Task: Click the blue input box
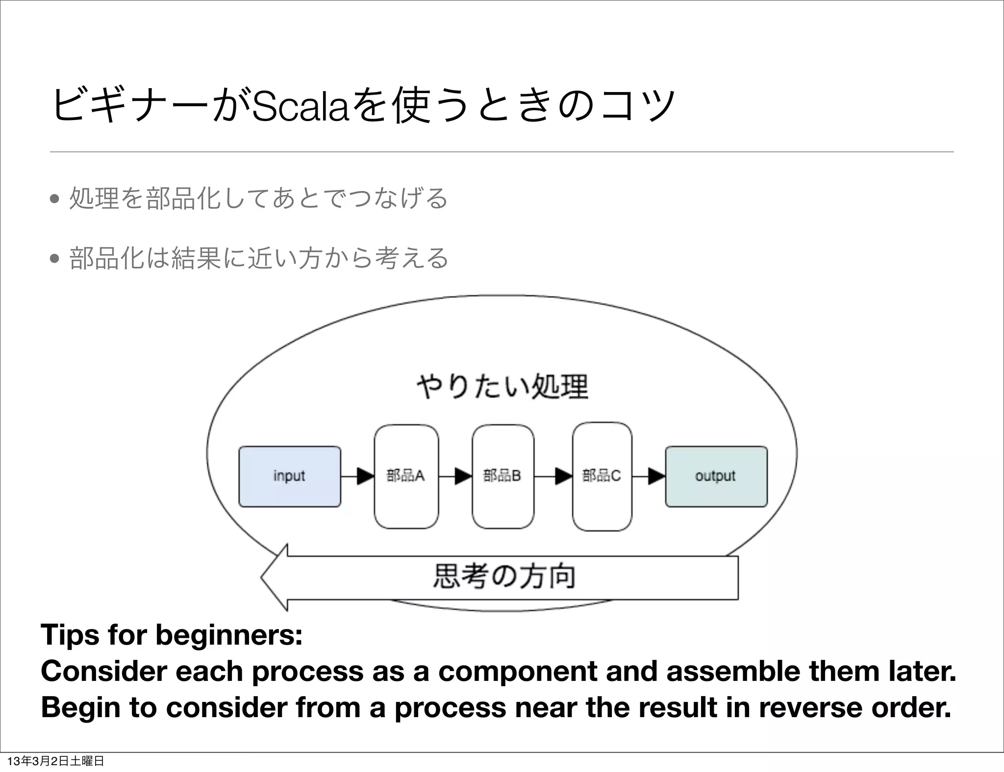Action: click(x=290, y=476)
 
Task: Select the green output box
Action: click(x=716, y=476)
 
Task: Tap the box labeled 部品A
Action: click(x=406, y=476)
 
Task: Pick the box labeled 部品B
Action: click(x=503, y=476)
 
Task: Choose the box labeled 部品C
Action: click(x=602, y=476)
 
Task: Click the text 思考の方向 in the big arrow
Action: click(x=504, y=577)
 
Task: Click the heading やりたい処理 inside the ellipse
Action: click(x=502, y=386)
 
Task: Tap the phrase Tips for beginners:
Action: click(x=172, y=635)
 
